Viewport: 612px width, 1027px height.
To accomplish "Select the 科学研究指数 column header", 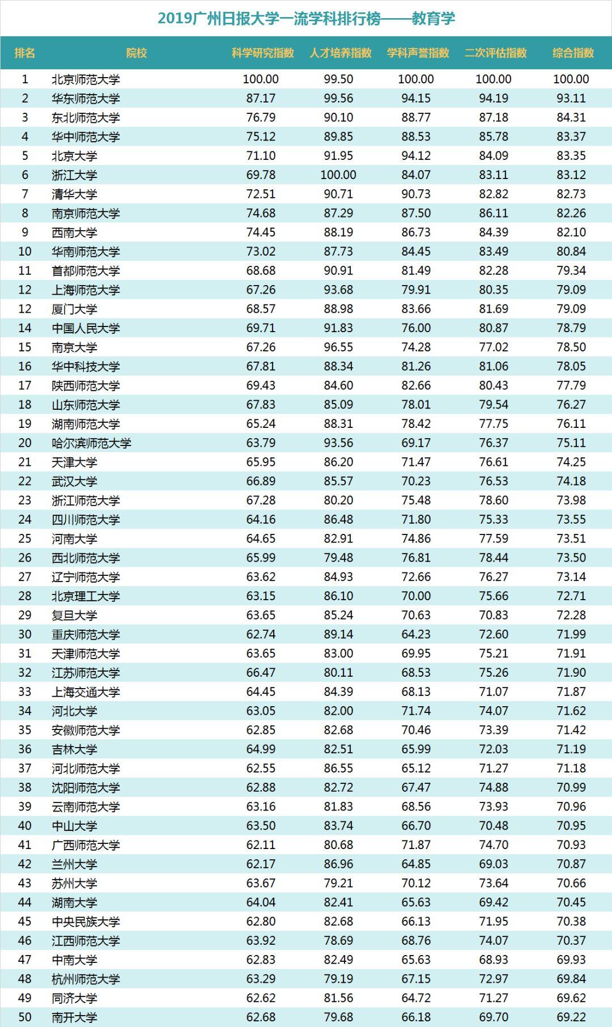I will click(x=262, y=53).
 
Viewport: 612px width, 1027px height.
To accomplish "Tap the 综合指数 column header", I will click(x=573, y=53).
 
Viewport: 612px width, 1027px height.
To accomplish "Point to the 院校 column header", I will click(x=137, y=53).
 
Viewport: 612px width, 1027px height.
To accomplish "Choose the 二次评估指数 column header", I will click(x=495, y=53).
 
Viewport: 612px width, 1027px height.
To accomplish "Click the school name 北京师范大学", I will click(x=86, y=79).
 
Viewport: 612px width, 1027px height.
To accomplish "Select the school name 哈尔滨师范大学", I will click(x=91, y=443).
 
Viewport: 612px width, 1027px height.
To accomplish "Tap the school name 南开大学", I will click(x=74, y=1017).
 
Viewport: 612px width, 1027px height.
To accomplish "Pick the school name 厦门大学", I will click(x=74, y=309).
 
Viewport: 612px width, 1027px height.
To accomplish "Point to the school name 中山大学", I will click(x=74, y=826).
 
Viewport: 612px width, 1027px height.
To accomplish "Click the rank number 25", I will click(x=25, y=538).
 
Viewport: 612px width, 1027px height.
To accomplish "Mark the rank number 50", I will click(x=25, y=1017).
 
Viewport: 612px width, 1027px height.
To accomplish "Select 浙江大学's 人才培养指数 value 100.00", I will click(x=338, y=175).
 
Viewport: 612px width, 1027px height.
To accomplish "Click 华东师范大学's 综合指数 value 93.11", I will click(x=571, y=99).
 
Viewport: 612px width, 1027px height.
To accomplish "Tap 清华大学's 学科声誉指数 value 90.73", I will click(x=416, y=194).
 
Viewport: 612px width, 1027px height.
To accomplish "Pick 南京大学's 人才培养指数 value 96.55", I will click(x=338, y=347).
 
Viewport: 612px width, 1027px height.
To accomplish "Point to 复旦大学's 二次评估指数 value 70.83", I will click(x=494, y=615).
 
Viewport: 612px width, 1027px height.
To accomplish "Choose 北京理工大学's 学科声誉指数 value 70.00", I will click(x=416, y=596).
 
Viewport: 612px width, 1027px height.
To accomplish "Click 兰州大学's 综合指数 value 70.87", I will click(x=571, y=864).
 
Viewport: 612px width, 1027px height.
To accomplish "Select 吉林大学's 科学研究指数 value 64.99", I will click(x=261, y=749).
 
